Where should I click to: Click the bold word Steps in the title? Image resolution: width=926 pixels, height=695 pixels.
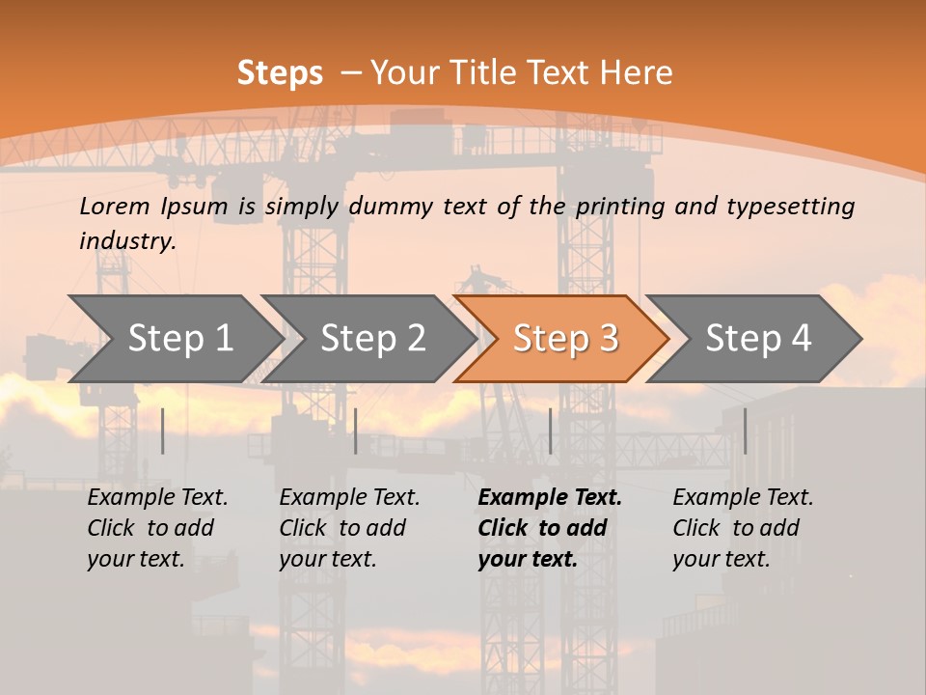pos(280,73)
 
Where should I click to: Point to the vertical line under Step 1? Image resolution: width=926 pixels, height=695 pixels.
pos(163,431)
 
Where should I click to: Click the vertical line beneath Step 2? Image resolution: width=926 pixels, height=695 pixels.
pos(356,431)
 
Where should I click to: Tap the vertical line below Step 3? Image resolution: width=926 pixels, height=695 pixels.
pos(551,431)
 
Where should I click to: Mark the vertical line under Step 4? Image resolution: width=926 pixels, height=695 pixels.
pos(745,431)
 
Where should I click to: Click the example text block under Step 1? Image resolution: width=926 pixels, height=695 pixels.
pos(157,528)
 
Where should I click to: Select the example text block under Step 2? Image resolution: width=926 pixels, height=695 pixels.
pos(349,528)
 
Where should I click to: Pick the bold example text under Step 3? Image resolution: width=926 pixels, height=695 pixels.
pos(550,528)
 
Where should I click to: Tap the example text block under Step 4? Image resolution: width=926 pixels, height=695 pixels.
pos(743,528)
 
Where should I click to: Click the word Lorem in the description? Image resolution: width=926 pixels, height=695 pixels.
pos(115,206)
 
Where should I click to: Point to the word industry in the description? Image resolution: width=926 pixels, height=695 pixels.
pos(127,241)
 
